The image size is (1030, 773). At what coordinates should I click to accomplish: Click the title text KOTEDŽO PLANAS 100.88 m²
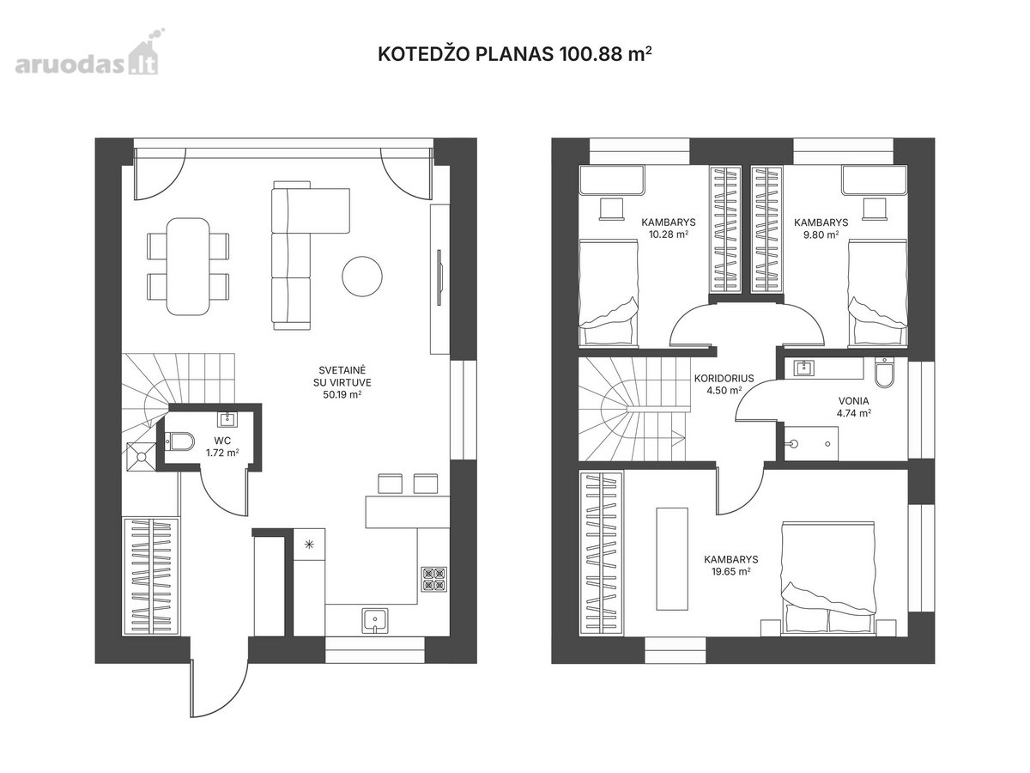click(x=515, y=54)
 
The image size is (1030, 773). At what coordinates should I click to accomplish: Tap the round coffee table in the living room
click(x=362, y=276)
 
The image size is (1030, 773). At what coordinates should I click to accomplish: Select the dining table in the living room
click(x=188, y=266)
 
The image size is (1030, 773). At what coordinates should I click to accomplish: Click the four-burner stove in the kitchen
click(x=433, y=580)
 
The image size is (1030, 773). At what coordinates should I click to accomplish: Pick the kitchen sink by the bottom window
click(x=374, y=619)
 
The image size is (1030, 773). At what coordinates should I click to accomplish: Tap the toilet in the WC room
click(x=179, y=441)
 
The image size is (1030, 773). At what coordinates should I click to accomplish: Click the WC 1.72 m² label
click(x=222, y=447)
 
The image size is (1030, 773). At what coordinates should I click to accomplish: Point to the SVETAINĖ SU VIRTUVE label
click(x=342, y=382)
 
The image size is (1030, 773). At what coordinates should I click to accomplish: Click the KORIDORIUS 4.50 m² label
click(x=724, y=384)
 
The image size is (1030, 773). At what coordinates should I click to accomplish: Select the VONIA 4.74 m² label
click(x=853, y=407)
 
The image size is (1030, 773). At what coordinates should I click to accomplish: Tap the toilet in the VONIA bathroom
click(x=885, y=373)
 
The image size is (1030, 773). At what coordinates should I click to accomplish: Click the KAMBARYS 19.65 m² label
click(x=731, y=565)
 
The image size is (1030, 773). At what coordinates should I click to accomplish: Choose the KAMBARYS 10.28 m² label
click(x=668, y=228)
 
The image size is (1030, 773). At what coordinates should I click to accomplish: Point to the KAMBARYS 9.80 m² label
click(x=821, y=228)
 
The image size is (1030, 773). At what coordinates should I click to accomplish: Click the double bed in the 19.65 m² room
click(x=827, y=578)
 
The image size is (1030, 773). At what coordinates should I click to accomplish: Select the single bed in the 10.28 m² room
click(x=609, y=294)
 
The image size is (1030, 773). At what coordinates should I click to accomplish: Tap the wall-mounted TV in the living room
click(x=439, y=278)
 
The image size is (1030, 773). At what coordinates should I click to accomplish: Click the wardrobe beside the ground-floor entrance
click(x=150, y=575)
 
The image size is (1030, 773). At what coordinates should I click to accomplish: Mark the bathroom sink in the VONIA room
click(x=803, y=368)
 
